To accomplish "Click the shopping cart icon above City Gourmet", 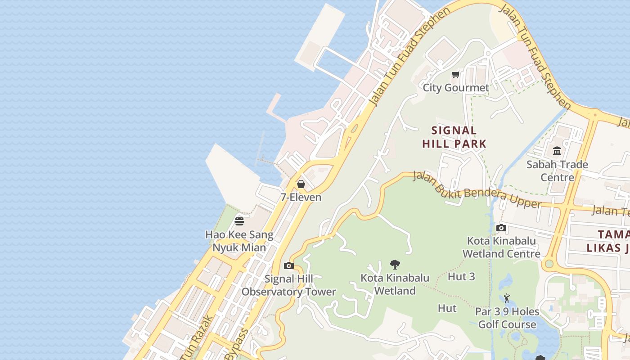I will (x=456, y=75).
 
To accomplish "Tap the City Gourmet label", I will (x=456, y=88).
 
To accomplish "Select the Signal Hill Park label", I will (x=454, y=137).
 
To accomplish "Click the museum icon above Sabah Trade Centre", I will (x=557, y=151).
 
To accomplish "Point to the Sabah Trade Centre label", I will (x=557, y=171).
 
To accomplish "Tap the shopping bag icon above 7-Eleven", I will (x=301, y=184).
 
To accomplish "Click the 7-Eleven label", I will (x=301, y=197).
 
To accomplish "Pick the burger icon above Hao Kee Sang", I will (x=239, y=221).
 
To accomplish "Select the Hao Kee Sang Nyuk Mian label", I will (x=239, y=241).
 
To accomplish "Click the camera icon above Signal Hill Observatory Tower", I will (x=289, y=266).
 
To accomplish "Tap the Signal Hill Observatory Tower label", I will (x=289, y=285).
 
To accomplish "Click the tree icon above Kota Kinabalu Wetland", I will (x=395, y=265).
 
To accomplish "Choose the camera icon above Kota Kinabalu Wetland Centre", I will (x=501, y=228).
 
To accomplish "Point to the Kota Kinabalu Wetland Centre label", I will (x=501, y=247).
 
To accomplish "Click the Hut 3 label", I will (x=461, y=276).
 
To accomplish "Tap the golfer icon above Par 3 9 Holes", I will (x=507, y=298).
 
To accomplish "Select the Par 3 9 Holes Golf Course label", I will (x=507, y=318).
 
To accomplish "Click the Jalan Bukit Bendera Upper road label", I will (x=477, y=189).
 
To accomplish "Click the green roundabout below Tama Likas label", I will (x=548, y=264).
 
